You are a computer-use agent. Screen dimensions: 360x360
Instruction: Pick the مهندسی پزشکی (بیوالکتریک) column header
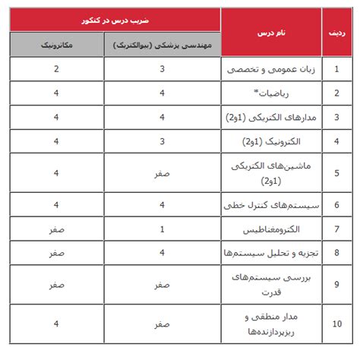162,46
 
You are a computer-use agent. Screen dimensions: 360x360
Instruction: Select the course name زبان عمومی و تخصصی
270,70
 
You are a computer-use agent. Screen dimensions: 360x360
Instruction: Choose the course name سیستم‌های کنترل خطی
269,204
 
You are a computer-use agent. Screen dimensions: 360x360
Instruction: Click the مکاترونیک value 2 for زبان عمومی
56,70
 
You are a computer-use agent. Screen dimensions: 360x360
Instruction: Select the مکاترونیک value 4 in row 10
56,324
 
